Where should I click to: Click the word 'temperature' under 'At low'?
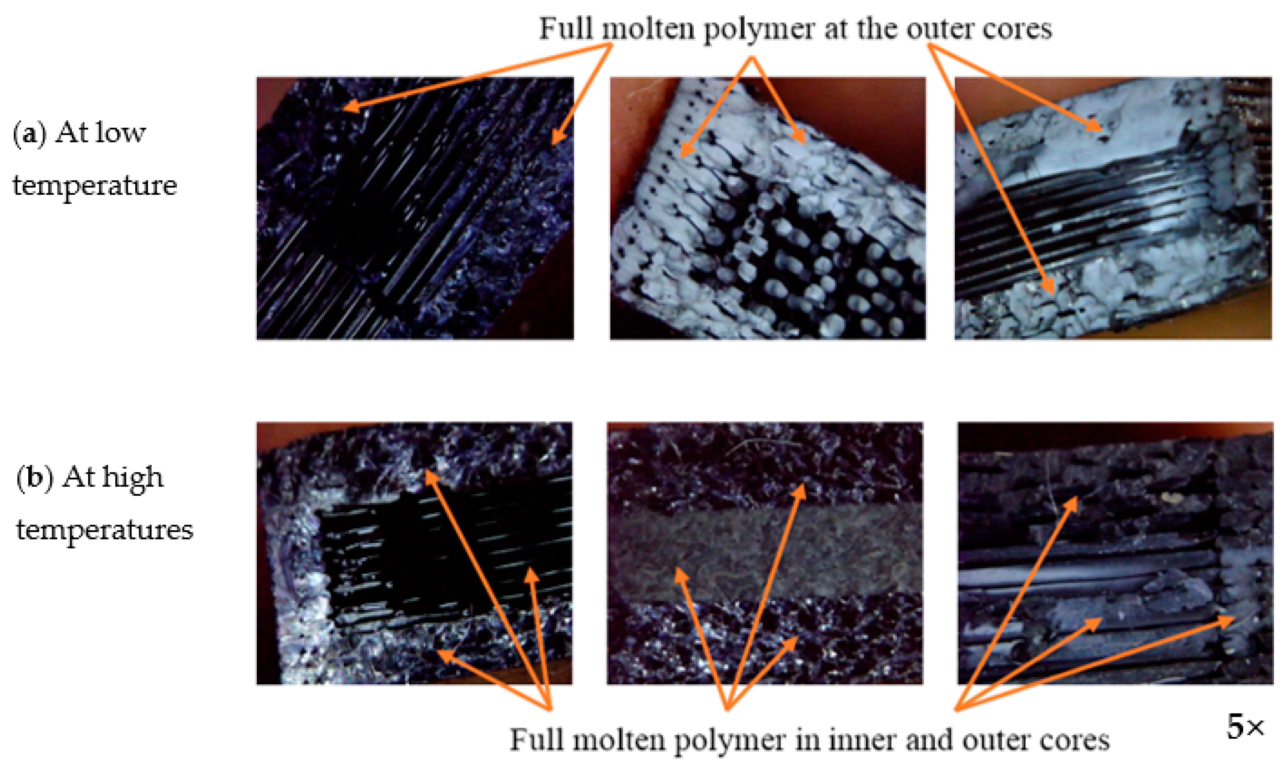tap(94, 186)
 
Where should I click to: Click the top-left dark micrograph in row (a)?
tap(415, 208)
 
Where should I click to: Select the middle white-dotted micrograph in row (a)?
tap(768, 208)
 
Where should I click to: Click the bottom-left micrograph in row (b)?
tap(414, 553)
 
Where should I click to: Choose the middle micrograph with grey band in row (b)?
tap(765, 553)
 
